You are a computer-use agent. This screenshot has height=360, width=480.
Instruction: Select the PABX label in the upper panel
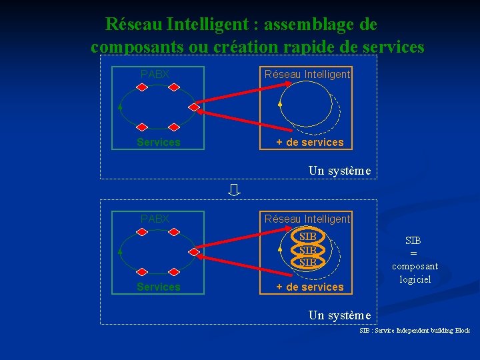point(155,75)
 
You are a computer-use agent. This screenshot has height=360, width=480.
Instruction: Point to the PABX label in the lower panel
point(155,219)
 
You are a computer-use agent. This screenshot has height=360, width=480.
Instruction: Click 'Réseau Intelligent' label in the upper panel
point(307,75)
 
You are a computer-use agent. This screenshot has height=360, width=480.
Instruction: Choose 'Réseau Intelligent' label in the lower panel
point(307,219)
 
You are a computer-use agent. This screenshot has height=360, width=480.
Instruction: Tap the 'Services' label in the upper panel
point(159,142)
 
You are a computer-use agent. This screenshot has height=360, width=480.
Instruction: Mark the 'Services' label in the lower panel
point(159,287)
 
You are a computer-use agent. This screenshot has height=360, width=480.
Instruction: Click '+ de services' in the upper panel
point(310,142)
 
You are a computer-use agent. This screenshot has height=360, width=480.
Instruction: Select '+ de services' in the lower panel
point(310,287)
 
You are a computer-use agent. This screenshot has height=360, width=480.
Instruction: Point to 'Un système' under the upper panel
point(339,171)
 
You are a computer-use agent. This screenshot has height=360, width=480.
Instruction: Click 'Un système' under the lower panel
point(339,315)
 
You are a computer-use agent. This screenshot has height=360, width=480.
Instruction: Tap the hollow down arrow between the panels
point(233,191)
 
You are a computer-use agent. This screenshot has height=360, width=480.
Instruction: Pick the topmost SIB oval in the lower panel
point(307,237)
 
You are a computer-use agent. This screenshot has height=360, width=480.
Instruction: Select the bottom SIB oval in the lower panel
point(307,262)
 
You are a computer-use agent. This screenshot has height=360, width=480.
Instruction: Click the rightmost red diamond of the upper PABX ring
point(194,107)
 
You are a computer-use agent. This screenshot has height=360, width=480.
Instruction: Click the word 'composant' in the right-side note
point(415,267)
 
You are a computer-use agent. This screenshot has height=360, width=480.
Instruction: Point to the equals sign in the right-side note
point(413,253)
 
